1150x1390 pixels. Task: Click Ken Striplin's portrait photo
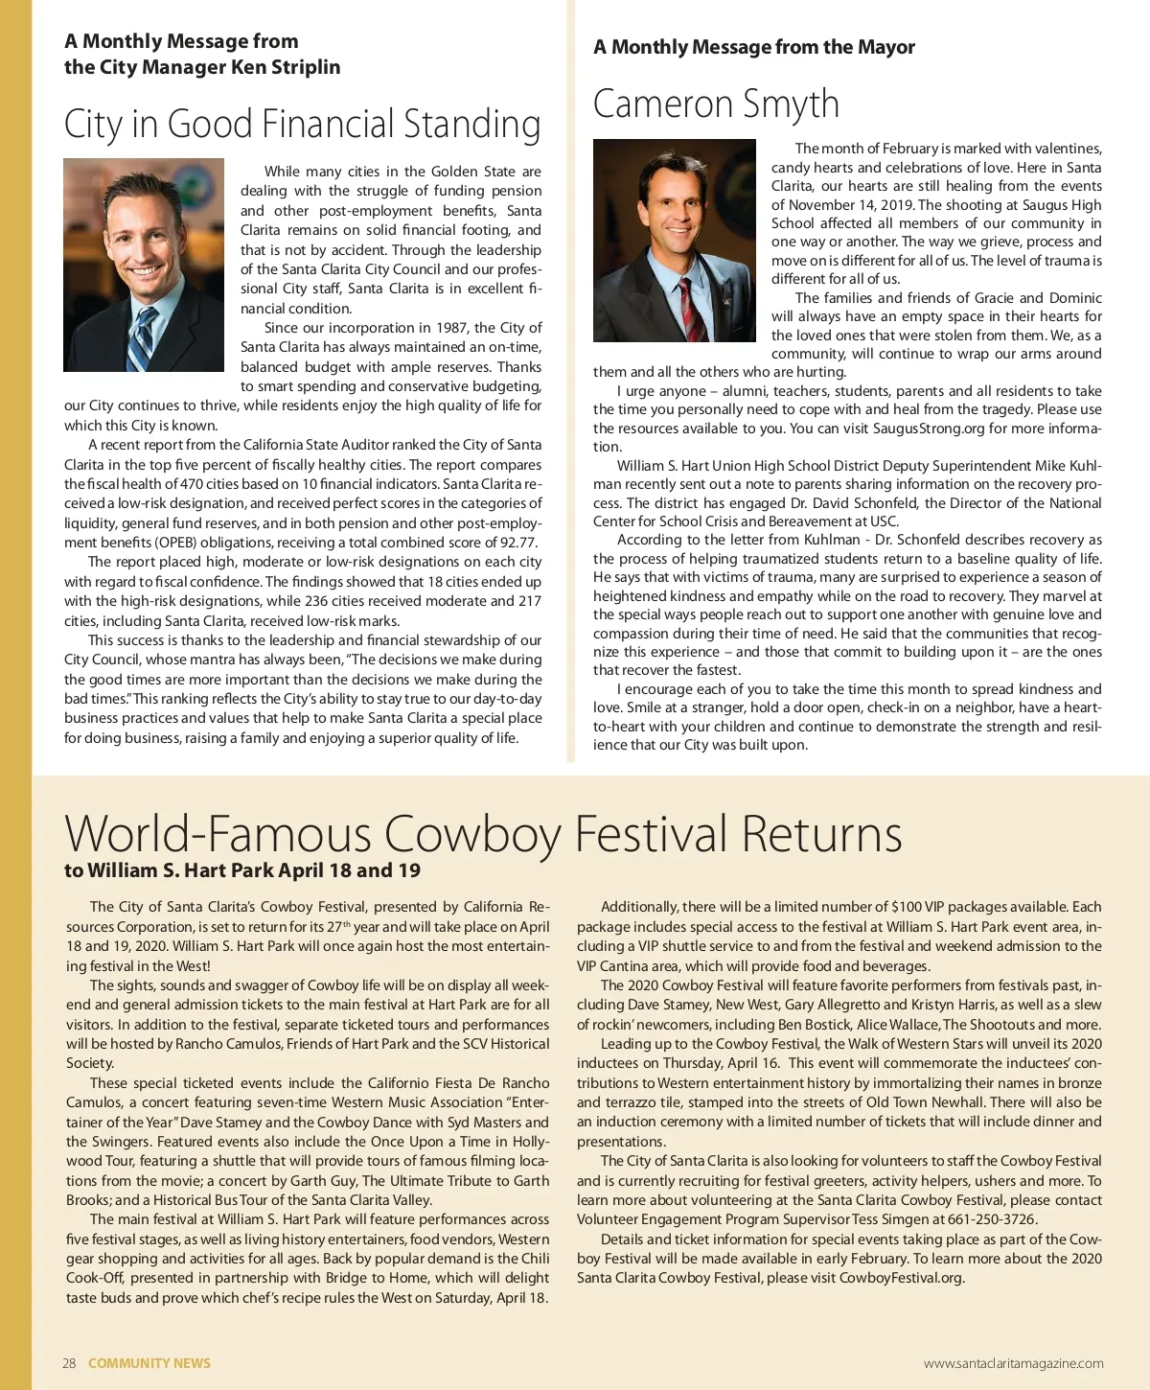pyautogui.click(x=144, y=265)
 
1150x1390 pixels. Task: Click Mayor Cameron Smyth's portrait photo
pyautogui.click(x=674, y=241)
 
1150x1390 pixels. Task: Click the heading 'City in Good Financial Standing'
pyautogui.click(x=302, y=125)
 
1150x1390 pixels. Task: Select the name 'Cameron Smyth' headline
pyautogui.click(x=716, y=104)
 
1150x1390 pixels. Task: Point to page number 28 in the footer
pyautogui.click(x=69, y=1363)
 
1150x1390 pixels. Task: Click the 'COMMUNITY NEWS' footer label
pyautogui.click(x=149, y=1363)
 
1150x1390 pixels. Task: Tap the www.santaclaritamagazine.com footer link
pyautogui.click(x=1013, y=1363)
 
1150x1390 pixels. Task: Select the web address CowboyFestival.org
pyautogui.click(x=901, y=1278)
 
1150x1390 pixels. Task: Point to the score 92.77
pyautogui.click(x=518, y=543)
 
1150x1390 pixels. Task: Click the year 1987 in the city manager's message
pyautogui.click(x=451, y=328)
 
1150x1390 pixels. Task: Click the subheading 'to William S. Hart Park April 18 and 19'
pyautogui.click(x=242, y=870)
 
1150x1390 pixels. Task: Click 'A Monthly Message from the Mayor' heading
pyautogui.click(x=753, y=47)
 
